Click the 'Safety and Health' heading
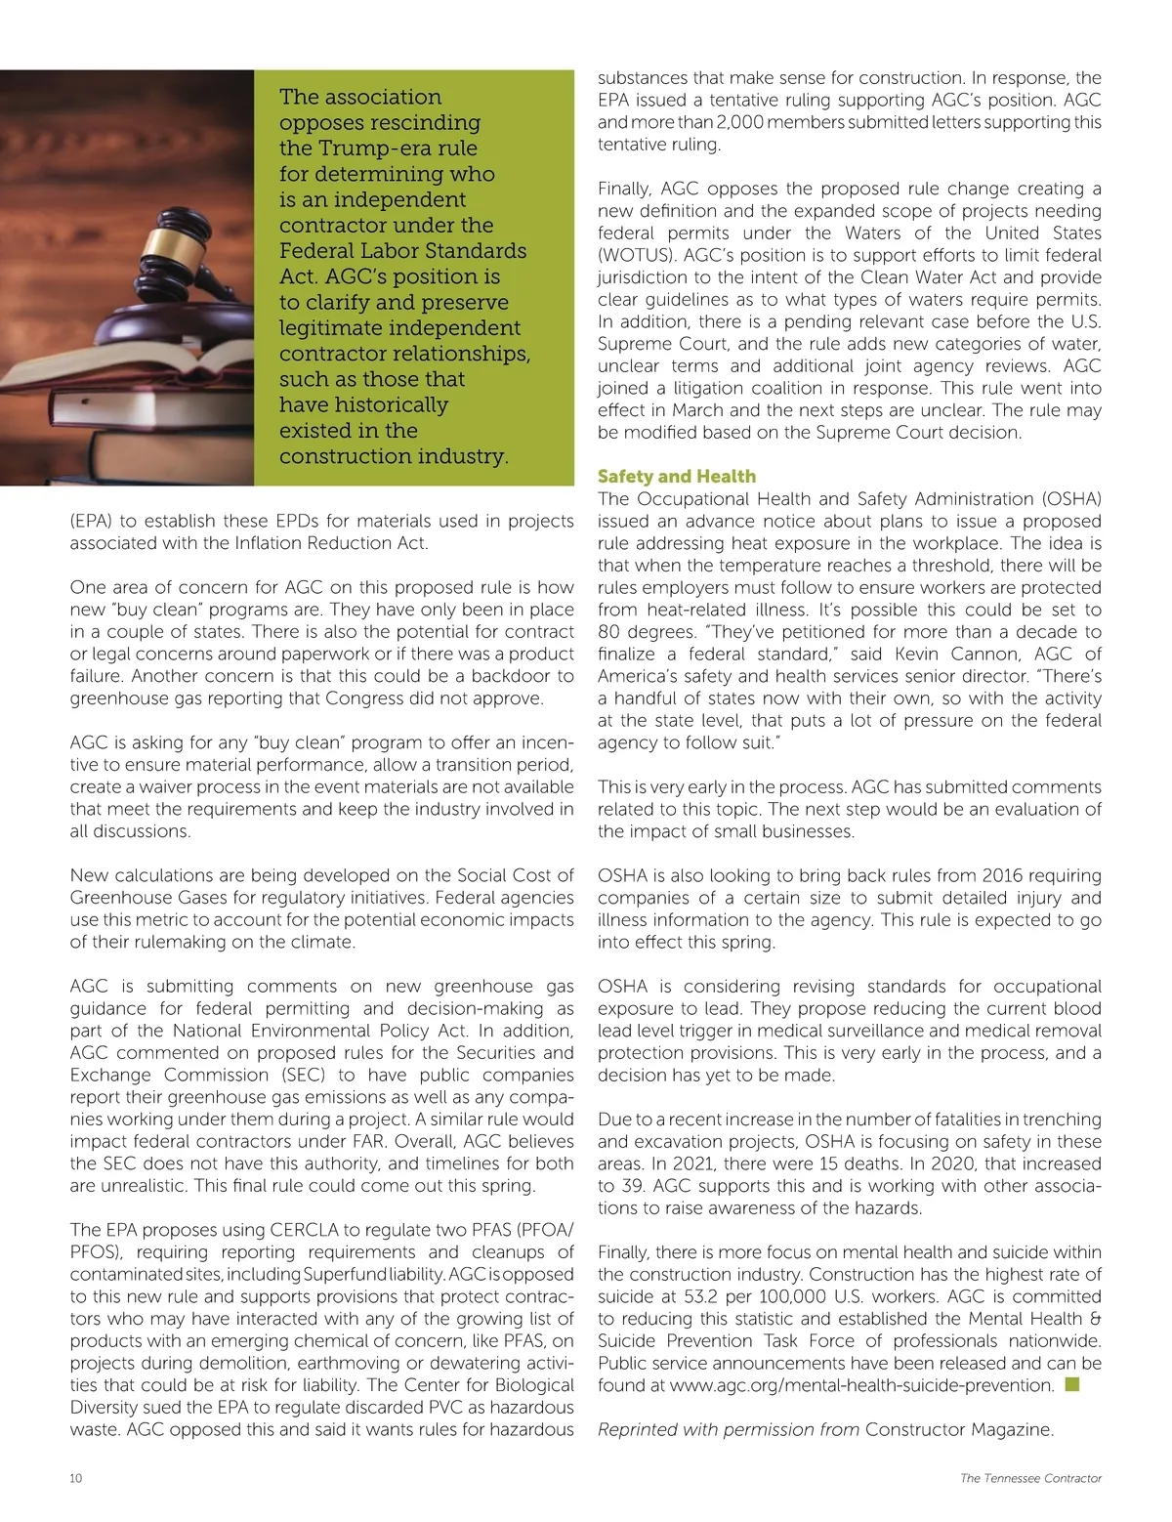pyautogui.click(x=676, y=476)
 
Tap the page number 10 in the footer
pyautogui.click(x=76, y=1478)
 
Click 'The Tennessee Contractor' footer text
pyautogui.click(x=1030, y=1478)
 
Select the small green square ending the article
pyautogui.click(x=1072, y=1384)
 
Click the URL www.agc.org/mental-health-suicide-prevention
pyautogui.click(x=861, y=1385)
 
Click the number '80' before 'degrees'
pyautogui.click(x=609, y=632)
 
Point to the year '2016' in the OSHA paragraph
pyautogui.click(x=1003, y=875)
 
